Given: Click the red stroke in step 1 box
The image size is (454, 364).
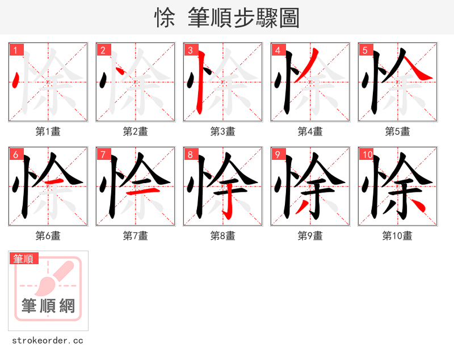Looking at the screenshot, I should point(16,81).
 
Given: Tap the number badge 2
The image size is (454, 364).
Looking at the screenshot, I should point(103,50).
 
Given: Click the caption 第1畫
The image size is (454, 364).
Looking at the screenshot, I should point(48,132).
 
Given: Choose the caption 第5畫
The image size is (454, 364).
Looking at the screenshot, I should point(397,132).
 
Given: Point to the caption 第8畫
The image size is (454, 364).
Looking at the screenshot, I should point(223,236).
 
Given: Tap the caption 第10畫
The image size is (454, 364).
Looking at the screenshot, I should point(397,236).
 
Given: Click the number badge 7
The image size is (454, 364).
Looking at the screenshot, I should point(103,154).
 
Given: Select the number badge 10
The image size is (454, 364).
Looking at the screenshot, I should point(367,154).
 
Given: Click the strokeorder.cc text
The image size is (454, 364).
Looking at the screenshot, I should point(48,341).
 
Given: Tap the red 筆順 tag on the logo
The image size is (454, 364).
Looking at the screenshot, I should point(24,259).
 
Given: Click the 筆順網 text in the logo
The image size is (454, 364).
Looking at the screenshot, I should point(48,306).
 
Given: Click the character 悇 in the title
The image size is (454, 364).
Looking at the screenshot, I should point(165,18).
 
